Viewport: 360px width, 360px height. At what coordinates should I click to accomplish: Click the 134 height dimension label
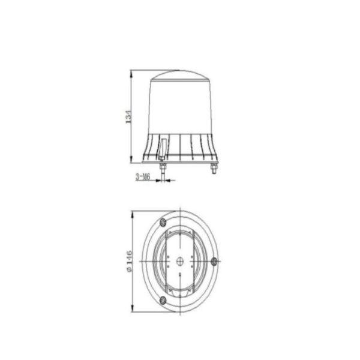click(129, 116)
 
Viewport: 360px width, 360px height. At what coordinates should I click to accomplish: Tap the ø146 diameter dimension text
click(130, 261)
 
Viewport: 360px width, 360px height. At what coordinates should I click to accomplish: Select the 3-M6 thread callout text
click(143, 177)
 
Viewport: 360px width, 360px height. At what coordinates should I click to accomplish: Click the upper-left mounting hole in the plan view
click(163, 222)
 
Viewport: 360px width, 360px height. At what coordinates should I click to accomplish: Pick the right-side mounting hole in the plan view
click(214, 261)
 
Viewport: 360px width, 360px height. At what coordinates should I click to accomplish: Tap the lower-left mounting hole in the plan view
click(163, 300)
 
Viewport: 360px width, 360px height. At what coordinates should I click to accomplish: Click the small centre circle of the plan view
click(180, 261)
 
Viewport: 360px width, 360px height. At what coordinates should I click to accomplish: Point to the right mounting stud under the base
click(214, 169)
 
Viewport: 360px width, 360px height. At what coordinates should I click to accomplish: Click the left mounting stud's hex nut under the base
click(163, 166)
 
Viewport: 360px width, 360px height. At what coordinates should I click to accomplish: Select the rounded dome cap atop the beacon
click(180, 75)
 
